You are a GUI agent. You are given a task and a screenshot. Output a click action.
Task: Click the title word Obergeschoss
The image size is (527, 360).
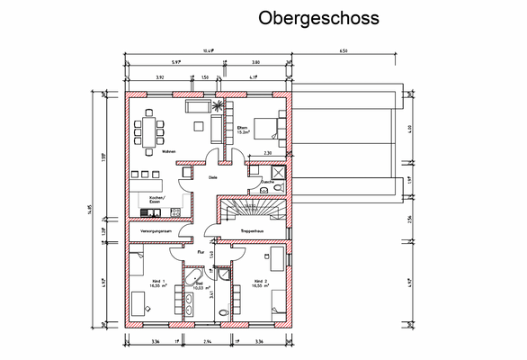[318, 18]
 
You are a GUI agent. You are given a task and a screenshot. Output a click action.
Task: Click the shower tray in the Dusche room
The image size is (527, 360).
[278, 172]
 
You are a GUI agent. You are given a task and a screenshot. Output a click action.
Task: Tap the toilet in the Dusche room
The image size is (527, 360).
[278, 189]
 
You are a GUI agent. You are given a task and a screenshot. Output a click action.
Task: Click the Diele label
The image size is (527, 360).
[212, 178]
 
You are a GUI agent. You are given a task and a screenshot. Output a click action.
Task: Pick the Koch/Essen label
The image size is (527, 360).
[156, 198]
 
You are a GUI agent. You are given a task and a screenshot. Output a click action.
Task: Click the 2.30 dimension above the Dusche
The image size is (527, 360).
[267, 154]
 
